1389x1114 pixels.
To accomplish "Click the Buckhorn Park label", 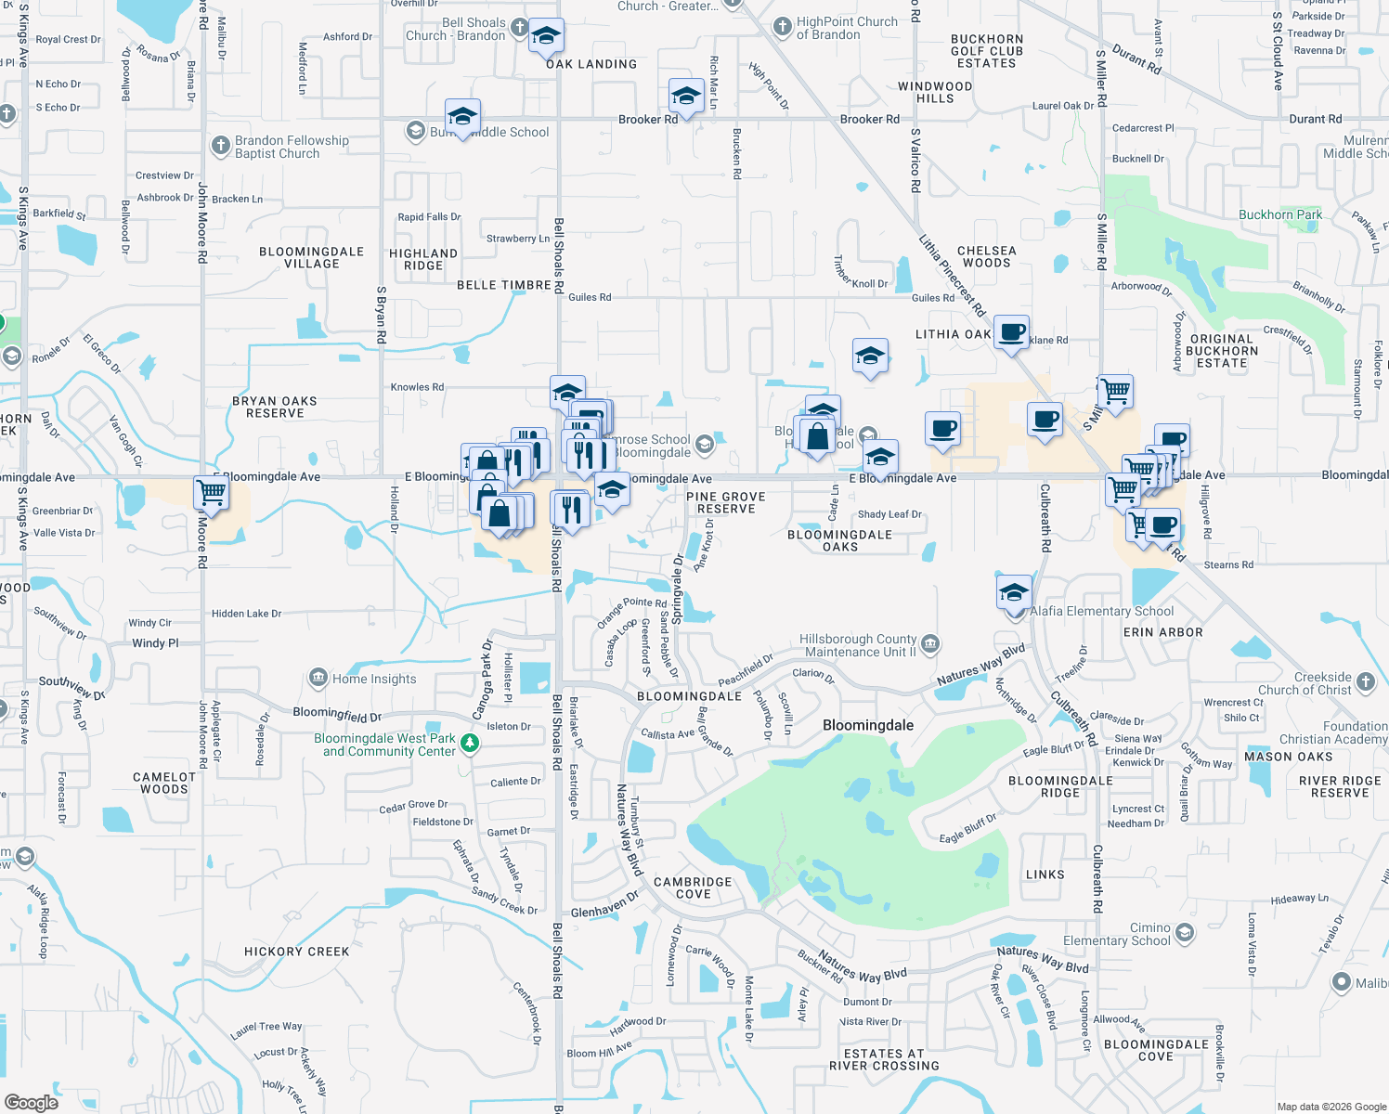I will click(x=1280, y=214).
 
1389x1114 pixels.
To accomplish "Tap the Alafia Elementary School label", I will click(x=1101, y=611).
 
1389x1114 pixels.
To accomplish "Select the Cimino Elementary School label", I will click(x=1117, y=934).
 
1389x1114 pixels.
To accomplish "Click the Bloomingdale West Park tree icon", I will click(x=470, y=743).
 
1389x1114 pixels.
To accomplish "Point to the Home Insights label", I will click(x=374, y=679).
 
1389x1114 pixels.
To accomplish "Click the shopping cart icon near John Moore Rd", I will click(x=211, y=493).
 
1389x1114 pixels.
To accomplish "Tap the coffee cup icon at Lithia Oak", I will click(x=1011, y=331).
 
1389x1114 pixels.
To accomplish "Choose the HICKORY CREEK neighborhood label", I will click(x=297, y=952).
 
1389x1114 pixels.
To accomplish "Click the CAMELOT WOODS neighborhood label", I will click(x=164, y=783).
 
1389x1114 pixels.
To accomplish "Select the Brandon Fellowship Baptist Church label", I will click(x=292, y=147).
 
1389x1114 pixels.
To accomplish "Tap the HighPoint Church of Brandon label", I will click(x=847, y=28).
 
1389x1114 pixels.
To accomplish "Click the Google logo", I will click(x=32, y=1103).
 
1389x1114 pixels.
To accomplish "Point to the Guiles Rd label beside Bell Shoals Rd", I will click(x=590, y=297).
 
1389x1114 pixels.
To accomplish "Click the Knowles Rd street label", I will click(x=416, y=387).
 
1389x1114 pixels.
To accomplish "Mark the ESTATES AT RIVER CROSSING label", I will click(x=884, y=1059).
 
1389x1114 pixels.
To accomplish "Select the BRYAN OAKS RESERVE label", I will click(x=275, y=407).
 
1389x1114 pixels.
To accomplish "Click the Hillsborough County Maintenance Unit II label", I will click(x=858, y=645).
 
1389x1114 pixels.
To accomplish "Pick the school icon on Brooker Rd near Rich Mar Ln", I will click(x=686, y=96).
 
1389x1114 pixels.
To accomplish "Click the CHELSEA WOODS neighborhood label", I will click(x=986, y=256).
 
